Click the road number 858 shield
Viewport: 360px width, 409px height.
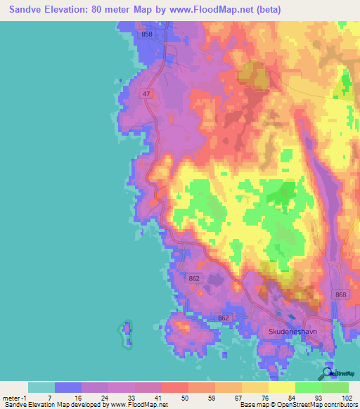point(146,34)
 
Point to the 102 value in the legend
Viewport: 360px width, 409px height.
point(347,397)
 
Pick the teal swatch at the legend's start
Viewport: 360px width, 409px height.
point(41,387)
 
